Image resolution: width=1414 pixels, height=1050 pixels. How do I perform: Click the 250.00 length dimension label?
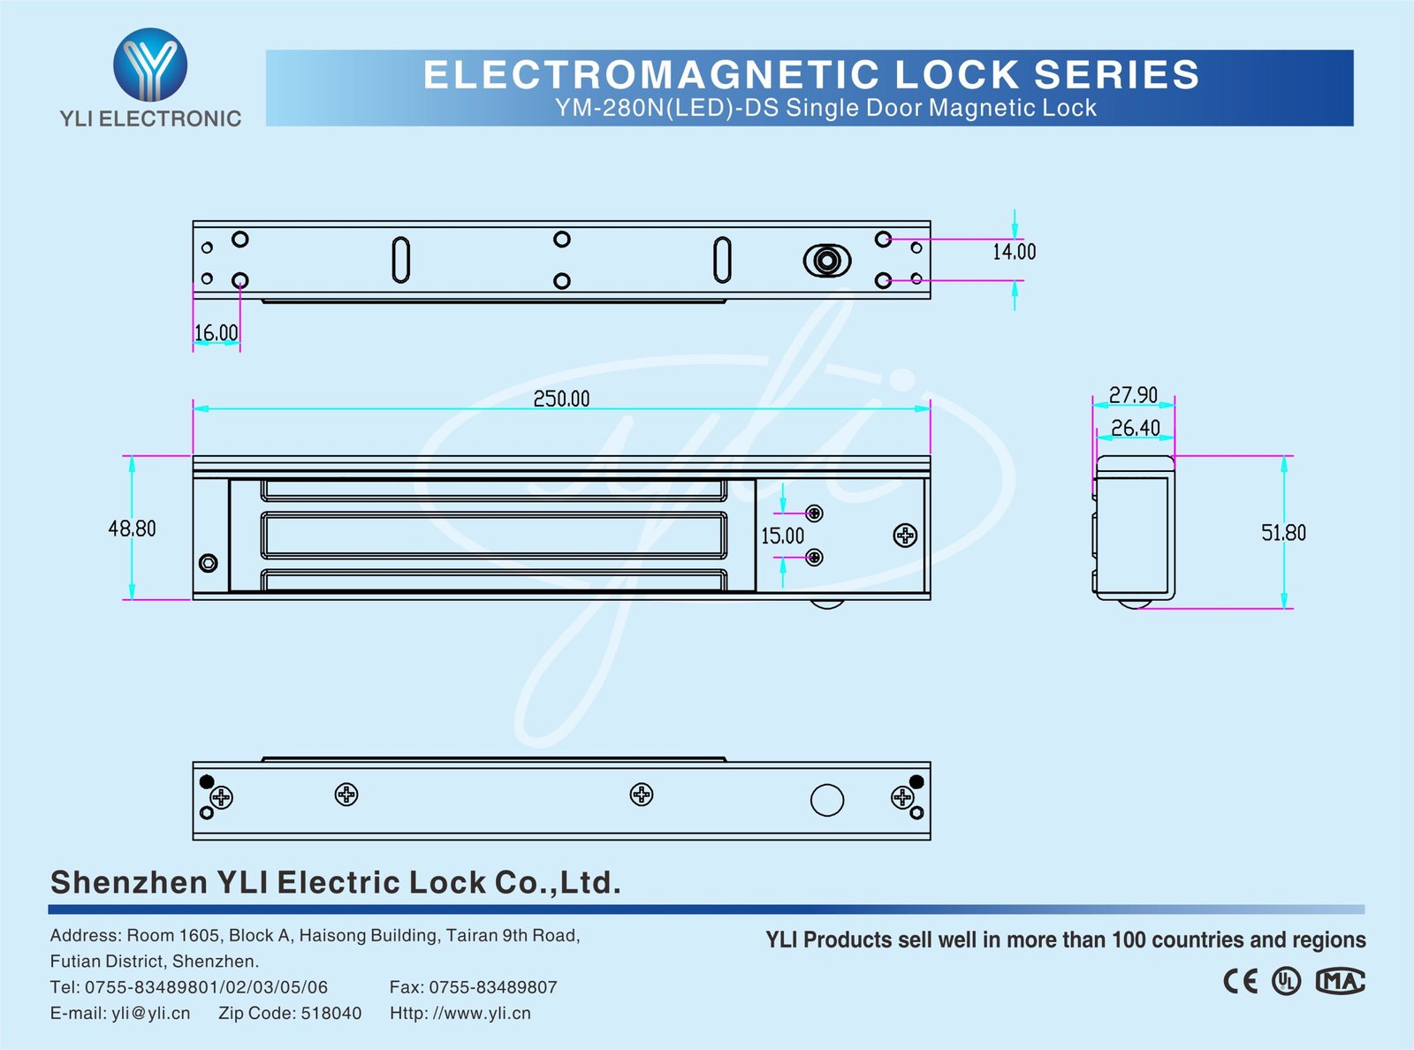[x=561, y=399]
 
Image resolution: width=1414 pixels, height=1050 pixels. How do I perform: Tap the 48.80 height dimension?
[x=132, y=529]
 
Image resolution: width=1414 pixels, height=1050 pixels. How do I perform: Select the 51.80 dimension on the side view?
[x=1283, y=533]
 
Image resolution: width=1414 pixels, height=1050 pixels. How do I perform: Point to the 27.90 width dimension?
[x=1133, y=394]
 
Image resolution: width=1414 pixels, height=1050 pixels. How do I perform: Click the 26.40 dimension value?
[x=1135, y=428]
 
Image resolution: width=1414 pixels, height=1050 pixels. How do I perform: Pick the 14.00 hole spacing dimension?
[x=1014, y=252]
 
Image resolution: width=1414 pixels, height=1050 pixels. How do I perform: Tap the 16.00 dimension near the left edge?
[x=216, y=333]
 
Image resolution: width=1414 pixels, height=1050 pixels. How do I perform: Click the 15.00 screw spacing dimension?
[x=782, y=536]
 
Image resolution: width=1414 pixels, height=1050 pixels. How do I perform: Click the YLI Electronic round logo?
[x=150, y=64]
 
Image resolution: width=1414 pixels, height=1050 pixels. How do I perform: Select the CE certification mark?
[x=1240, y=981]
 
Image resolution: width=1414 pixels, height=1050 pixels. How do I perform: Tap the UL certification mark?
[x=1286, y=981]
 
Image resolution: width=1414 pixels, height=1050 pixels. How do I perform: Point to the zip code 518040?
[x=331, y=1013]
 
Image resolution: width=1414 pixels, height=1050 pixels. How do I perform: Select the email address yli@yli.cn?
[x=150, y=1013]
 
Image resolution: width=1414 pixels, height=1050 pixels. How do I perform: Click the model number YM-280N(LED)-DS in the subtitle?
[x=667, y=108]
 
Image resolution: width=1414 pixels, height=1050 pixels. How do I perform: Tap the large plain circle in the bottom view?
[x=826, y=800]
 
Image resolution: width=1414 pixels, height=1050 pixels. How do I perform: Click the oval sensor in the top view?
[x=826, y=261]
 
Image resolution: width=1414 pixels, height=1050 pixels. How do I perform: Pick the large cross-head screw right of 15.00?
[x=905, y=535]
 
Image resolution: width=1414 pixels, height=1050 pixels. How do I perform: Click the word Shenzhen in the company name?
[x=128, y=882]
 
